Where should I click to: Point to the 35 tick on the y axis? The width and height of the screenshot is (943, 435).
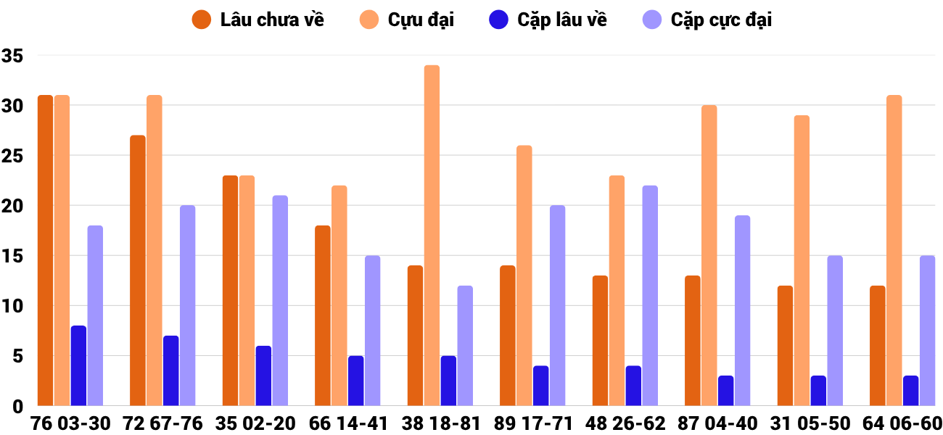point(13,56)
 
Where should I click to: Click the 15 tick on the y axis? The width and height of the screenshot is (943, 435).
point(13,256)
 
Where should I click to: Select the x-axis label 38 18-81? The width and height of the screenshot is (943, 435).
point(440,423)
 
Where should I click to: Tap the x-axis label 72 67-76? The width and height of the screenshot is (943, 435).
point(162,423)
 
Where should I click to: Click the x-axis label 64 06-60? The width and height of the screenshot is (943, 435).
point(902,423)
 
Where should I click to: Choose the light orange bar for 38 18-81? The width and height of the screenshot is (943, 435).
point(432,236)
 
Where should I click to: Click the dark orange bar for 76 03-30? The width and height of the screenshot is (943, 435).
point(45,250)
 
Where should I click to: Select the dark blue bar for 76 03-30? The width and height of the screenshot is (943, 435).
point(78,366)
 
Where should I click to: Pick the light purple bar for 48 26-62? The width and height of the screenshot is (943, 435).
point(650,296)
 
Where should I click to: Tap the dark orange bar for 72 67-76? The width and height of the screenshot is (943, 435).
point(138,270)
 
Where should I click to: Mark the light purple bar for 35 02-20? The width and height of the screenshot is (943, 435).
point(280,301)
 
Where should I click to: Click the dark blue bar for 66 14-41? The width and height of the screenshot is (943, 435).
point(356,381)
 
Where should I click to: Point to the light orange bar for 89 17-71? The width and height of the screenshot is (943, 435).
point(524,275)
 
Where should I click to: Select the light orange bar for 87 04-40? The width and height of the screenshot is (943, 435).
point(709,256)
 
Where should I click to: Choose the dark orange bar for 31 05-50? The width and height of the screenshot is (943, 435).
point(785,346)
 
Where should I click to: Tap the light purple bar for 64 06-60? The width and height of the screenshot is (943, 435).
point(928,331)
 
